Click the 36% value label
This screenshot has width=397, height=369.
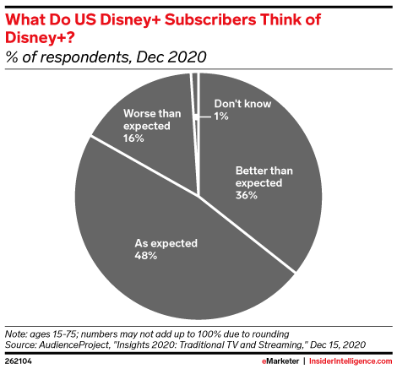click(247, 195)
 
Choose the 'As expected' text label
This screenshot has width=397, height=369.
click(166, 243)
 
